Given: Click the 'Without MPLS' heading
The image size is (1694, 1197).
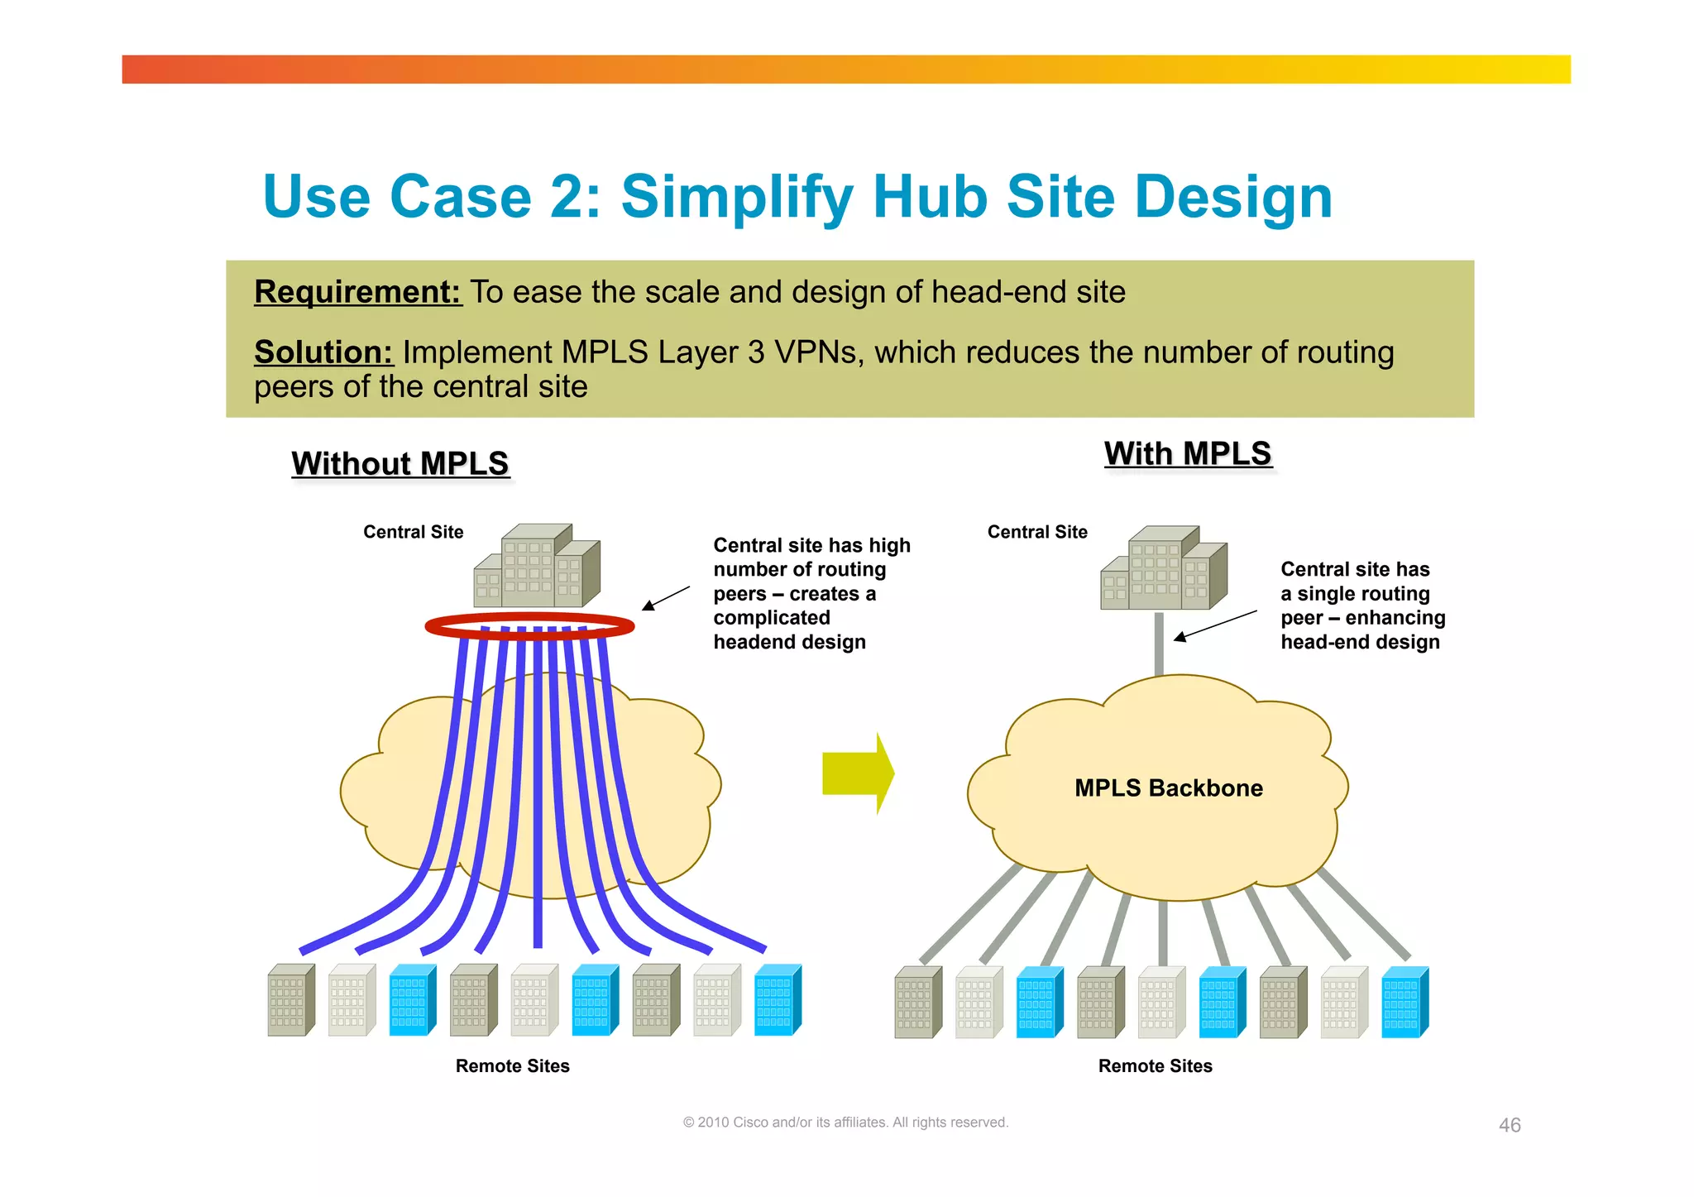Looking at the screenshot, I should pyautogui.click(x=400, y=463).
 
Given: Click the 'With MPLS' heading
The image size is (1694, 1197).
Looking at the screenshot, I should pyautogui.click(x=1187, y=453).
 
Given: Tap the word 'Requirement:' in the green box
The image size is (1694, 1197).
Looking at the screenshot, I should pyautogui.click(x=357, y=292).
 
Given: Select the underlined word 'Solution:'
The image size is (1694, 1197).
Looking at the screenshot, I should pyautogui.click(x=323, y=352).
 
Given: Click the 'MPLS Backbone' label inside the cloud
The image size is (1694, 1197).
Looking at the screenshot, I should pyautogui.click(x=1168, y=788).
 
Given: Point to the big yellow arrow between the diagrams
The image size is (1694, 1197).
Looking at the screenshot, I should pyautogui.click(x=857, y=773).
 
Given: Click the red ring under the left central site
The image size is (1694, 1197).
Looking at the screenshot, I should pyautogui.click(x=529, y=626).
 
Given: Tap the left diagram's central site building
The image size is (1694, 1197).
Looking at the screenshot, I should pyautogui.click(x=538, y=566).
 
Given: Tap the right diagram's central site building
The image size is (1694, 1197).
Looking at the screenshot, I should pyautogui.click(x=1164, y=568).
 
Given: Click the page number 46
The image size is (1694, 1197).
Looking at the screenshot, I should pyautogui.click(x=1510, y=1125).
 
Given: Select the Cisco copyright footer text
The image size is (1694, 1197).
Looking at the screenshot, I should pyautogui.click(x=845, y=1123).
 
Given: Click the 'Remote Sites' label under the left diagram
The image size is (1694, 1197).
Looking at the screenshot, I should pyautogui.click(x=512, y=1065).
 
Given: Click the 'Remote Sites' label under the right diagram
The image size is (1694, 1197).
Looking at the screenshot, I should pyautogui.click(x=1155, y=1065).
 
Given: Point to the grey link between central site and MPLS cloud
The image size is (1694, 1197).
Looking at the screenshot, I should pyautogui.click(x=1159, y=644).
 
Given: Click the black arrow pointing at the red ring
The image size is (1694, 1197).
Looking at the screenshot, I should pyautogui.click(x=666, y=598).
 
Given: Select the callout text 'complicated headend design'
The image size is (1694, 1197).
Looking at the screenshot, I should pyautogui.click(x=789, y=630).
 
